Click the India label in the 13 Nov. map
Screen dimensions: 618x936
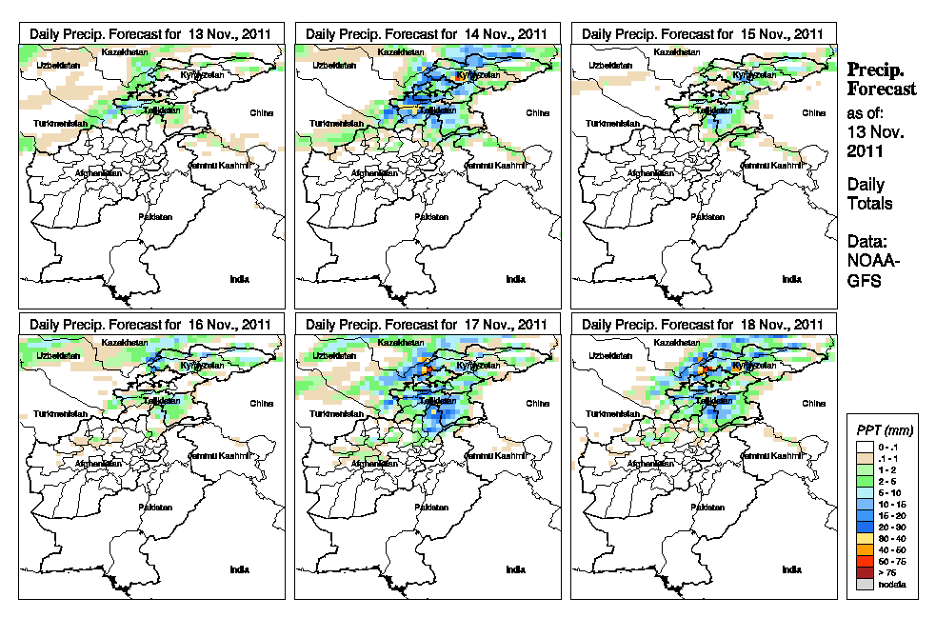(239, 279)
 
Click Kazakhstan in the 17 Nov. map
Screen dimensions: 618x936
(401, 342)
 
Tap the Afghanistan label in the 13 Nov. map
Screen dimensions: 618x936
(100, 173)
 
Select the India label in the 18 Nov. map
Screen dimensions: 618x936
(791, 569)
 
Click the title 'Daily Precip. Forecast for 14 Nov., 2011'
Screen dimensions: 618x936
(428, 33)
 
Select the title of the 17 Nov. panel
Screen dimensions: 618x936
(428, 324)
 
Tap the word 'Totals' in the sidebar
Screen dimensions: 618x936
(870, 204)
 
